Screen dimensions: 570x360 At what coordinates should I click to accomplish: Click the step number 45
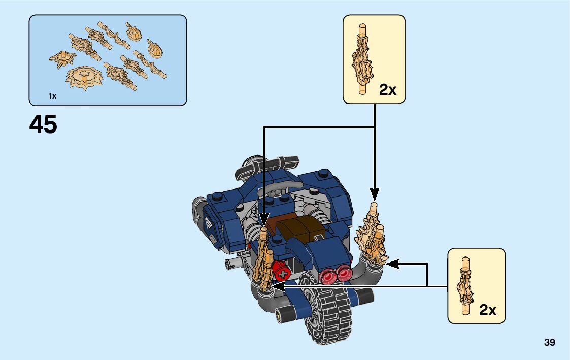click(x=43, y=124)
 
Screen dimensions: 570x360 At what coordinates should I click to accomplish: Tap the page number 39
click(x=549, y=343)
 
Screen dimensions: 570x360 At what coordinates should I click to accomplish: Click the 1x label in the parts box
click(x=52, y=96)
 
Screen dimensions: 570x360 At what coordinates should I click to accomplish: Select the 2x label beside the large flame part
click(x=388, y=90)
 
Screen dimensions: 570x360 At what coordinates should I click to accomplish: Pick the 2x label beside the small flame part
click(x=487, y=310)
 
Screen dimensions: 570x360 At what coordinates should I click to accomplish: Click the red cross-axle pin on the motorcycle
click(x=281, y=273)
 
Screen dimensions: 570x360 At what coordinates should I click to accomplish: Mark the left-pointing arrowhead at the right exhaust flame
click(x=392, y=264)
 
